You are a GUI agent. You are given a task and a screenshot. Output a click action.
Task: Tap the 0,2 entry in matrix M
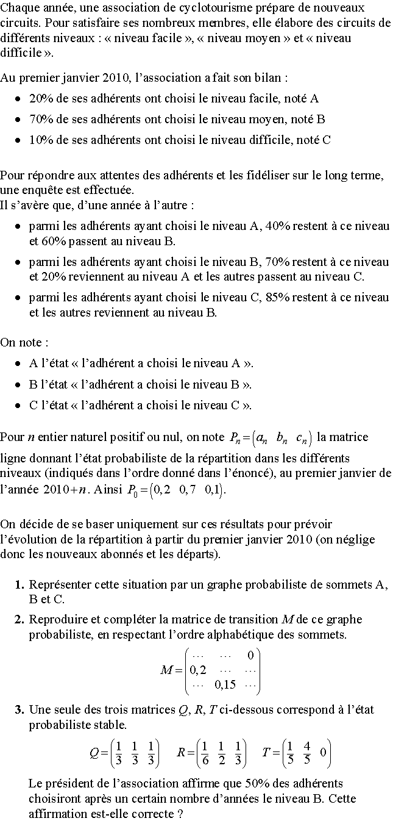coord(198,670)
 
